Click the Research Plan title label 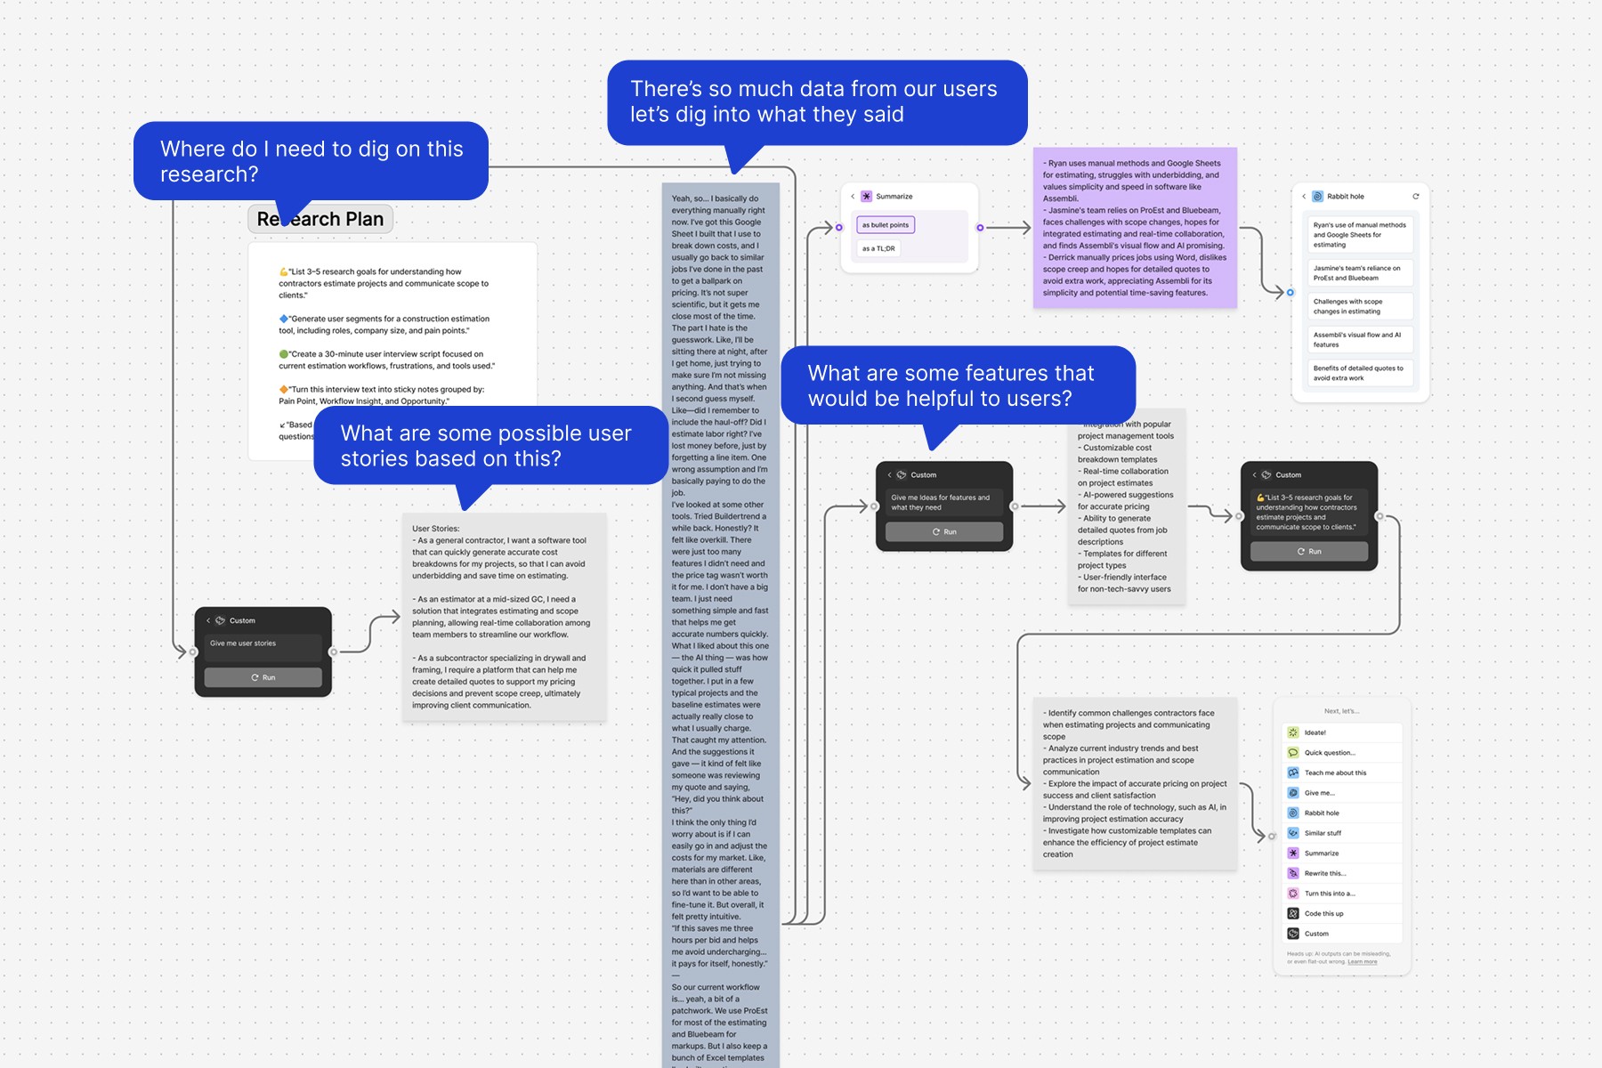[x=320, y=219]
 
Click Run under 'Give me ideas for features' [x=944, y=531]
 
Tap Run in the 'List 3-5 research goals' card [x=1309, y=551]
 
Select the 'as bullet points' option [x=886, y=225]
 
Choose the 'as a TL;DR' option [x=878, y=248]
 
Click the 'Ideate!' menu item [x=1315, y=732]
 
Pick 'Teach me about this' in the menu [x=1335, y=773]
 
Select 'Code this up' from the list [x=1323, y=913]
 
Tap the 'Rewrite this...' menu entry [x=1325, y=873]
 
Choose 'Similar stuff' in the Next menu [x=1323, y=833]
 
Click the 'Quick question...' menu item [x=1330, y=753]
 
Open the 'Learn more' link [x=1362, y=962]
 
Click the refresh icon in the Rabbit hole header [x=1416, y=197]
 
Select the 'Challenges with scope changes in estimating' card [x=1358, y=306]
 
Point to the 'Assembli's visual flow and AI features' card [x=1358, y=340]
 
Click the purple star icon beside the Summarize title [x=866, y=197]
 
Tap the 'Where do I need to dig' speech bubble [x=311, y=161]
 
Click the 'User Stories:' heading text [x=436, y=529]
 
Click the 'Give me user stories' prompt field [x=263, y=643]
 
